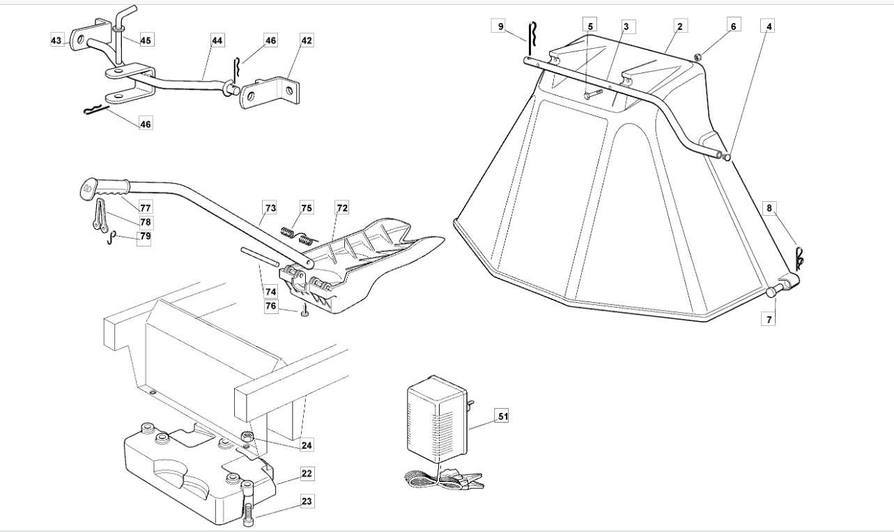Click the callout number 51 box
click(502, 416)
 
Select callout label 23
click(307, 501)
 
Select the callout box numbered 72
click(342, 208)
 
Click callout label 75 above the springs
click(307, 208)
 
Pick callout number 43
click(56, 41)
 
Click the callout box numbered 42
click(306, 40)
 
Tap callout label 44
click(217, 41)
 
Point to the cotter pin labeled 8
click(799, 258)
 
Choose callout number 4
click(769, 26)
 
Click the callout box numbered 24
click(307, 444)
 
